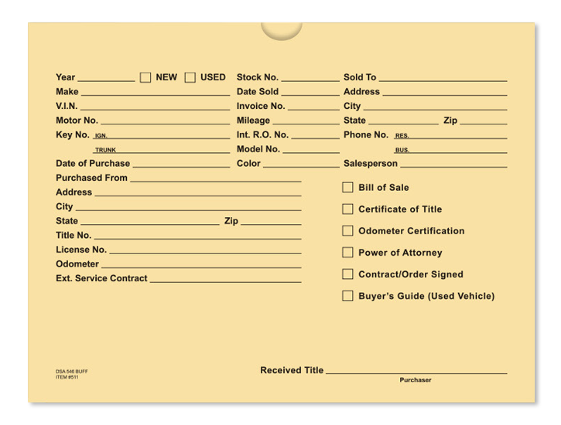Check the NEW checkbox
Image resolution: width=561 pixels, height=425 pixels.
tap(145, 77)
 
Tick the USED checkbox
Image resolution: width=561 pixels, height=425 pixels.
tap(190, 77)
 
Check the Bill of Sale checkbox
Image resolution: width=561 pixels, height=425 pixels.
tap(347, 187)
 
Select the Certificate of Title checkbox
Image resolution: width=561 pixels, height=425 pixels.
tap(347, 209)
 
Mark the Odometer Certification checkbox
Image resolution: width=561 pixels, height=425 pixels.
tap(347, 230)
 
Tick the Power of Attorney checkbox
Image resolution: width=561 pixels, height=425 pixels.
tap(347, 252)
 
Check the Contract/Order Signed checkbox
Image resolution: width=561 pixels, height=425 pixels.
tap(347, 274)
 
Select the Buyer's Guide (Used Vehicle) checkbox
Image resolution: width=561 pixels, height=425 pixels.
tap(347, 295)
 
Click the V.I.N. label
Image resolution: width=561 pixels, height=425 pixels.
tap(67, 106)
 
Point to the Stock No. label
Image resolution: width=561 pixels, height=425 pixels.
tap(257, 77)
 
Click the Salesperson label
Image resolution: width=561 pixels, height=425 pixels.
tap(370, 163)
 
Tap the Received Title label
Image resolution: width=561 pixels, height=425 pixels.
tap(292, 370)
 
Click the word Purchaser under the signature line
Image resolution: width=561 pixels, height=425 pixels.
tap(416, 380)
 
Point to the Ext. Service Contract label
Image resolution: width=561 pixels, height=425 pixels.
tap(101, 278)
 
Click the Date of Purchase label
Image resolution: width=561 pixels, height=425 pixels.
tap(93, 163)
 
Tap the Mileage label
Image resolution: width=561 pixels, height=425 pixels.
tap(253, 121)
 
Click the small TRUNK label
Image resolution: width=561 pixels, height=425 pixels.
tap(104, 150)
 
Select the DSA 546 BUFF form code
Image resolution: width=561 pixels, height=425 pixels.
tap(71, 372)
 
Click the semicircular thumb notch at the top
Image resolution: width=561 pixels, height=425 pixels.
tap(281, 29)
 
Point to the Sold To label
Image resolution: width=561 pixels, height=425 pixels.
tap(360, 77)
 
